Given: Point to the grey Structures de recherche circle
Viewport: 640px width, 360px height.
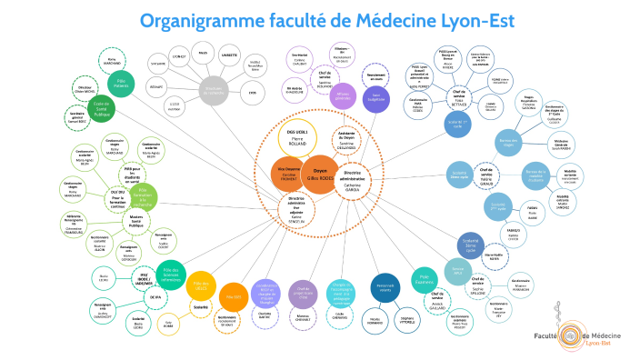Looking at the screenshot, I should point(215,88).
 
